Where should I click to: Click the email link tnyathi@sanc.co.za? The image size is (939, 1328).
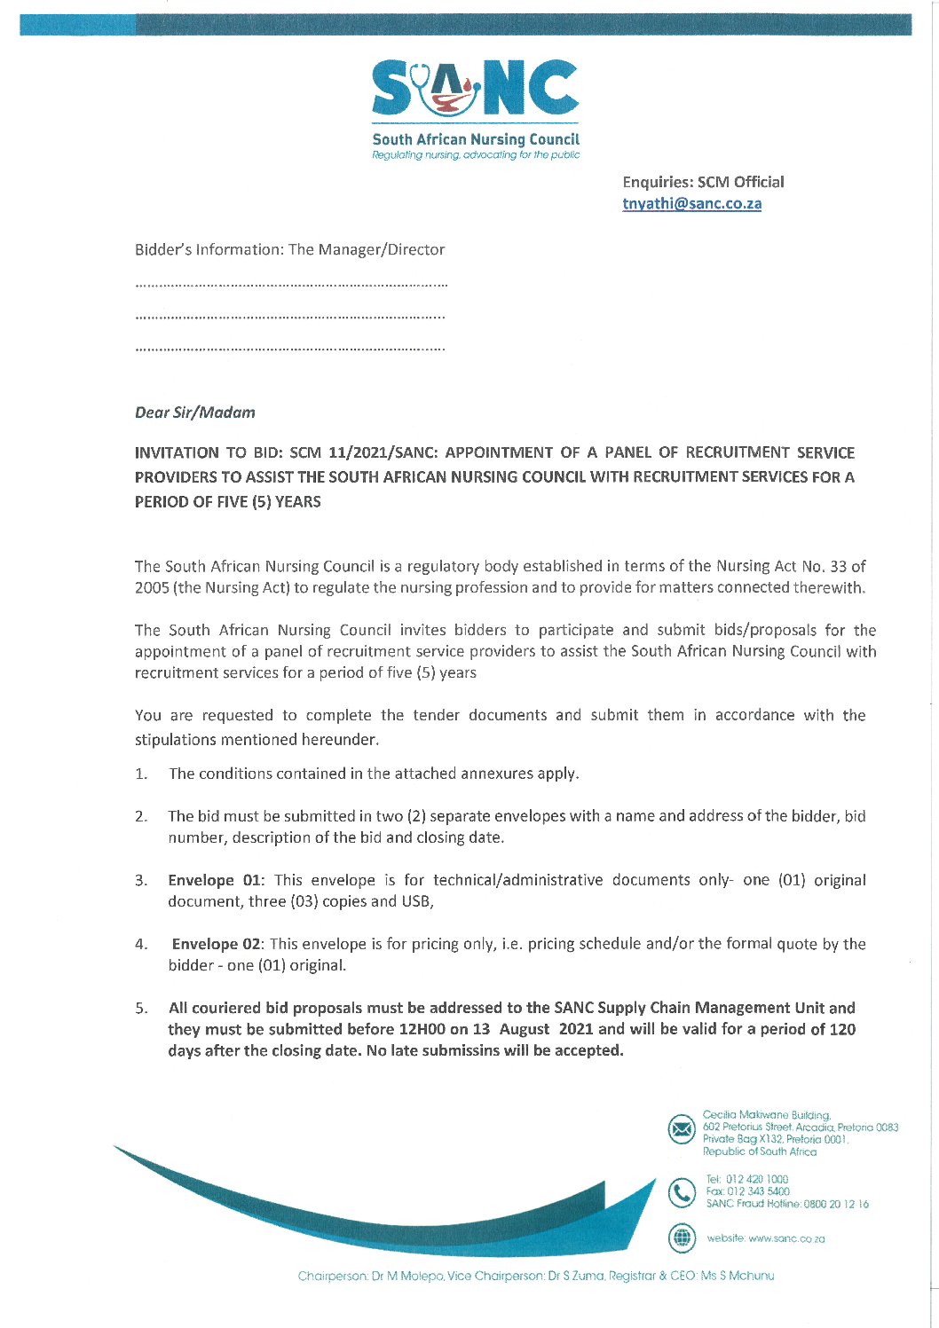691,203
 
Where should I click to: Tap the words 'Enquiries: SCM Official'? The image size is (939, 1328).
703,182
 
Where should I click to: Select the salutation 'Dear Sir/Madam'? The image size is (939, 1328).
195,413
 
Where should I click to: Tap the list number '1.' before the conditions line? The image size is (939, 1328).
141,774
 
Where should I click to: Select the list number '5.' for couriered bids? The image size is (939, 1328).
141,1009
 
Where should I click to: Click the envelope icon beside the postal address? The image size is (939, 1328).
682,1129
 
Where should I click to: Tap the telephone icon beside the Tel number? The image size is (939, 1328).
682,1193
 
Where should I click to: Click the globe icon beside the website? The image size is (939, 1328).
682,1238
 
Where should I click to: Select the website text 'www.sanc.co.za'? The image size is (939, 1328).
786,1238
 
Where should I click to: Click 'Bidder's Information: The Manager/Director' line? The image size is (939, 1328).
289,250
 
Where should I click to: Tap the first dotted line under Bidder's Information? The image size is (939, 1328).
291,286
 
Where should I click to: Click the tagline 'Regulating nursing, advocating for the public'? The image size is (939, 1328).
476,154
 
